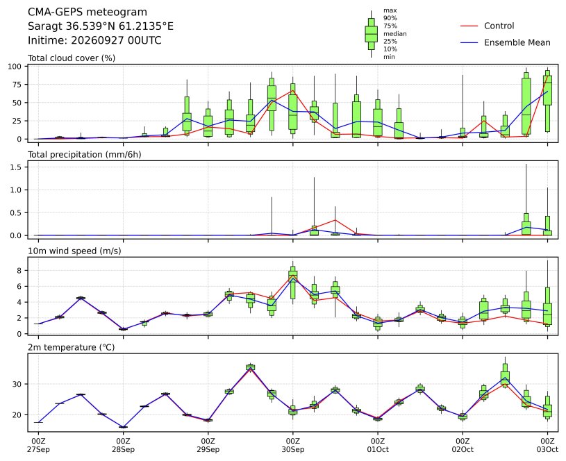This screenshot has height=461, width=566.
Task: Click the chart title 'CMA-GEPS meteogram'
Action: click(x=88, y=12)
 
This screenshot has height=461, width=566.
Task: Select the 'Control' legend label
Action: click(x=499, y=26)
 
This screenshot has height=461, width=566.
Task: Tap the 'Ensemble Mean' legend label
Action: click(x=517, y=42)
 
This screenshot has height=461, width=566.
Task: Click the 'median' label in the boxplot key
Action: click(x=395, y=34)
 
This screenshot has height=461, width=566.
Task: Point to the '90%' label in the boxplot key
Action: click(x=390, y=18)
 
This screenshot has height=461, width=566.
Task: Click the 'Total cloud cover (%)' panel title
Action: click(x=72, y=58)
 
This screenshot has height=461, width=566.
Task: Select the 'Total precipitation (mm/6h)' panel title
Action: click(x=85, y=155)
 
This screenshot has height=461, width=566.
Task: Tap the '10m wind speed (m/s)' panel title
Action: click(x=74, y=251)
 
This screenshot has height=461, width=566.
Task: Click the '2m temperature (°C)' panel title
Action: click(x=71, y=347)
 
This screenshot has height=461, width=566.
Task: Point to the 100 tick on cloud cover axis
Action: click(x=15, y=67)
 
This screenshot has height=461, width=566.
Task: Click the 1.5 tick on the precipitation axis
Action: click(x=17, y=167)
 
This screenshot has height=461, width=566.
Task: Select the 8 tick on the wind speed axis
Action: click(x=19, y=270)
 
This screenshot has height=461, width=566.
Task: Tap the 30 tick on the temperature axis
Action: click(x=17, y=384)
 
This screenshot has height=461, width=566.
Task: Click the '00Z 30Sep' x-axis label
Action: click(x=293, y=445)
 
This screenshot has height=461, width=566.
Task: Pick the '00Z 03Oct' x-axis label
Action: click(x=547, y=445)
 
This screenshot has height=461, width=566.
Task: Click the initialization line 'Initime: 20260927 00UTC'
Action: click(x=94, y=40)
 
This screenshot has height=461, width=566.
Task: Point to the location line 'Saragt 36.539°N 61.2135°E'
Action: click(x=101, y=26)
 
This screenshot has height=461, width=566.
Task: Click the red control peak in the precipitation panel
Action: click(x=335, y=220)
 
